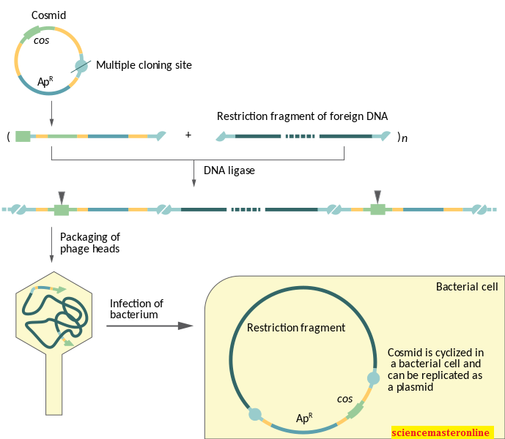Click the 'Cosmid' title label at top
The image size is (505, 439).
(x=48, y=15)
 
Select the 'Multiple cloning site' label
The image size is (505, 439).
(x=144, y=65)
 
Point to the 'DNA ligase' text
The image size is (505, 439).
(x=229, y=170)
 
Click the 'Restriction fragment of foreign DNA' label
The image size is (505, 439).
(x=302, y=116)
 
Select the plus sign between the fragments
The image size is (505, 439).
(x=188, y=135)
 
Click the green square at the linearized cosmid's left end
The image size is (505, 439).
(x=23, y=136)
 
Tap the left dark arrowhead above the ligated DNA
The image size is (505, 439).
(x=62, y=197)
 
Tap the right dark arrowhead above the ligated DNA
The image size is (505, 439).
(x=377, y=197)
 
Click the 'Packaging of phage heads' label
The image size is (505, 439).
(x=90, y=242)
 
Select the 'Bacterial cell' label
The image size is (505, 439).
(x=467, y=287)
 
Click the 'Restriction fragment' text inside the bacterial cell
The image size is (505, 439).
(x=295, y=328)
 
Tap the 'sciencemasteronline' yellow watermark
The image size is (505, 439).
(x=442, y=432)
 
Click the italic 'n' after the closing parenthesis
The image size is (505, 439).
(x=405, y=137)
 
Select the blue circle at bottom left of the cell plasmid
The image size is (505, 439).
(x=255, y=414)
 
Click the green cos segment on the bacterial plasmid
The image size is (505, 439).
(x=355, y=410)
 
